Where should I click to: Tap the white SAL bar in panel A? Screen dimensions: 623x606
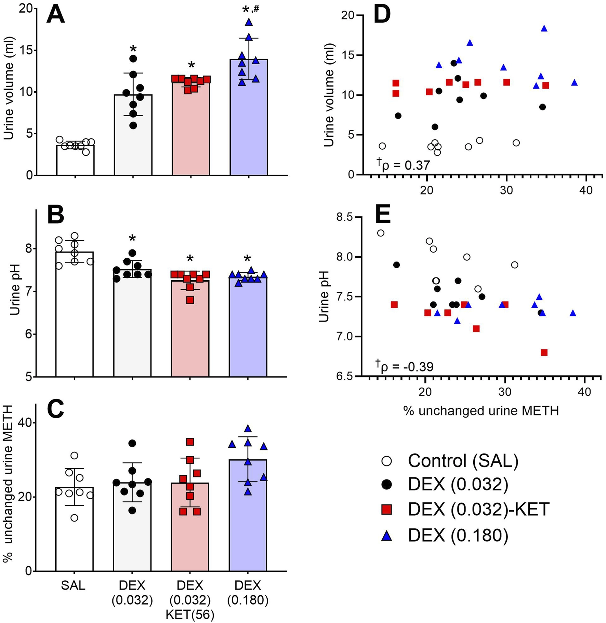[x=75, y=161]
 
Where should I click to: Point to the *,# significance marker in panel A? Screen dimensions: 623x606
[x=251, y=10]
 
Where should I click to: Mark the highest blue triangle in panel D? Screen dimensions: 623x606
[x=544, y=29]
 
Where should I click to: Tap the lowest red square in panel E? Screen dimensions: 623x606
[x=544, y=352]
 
